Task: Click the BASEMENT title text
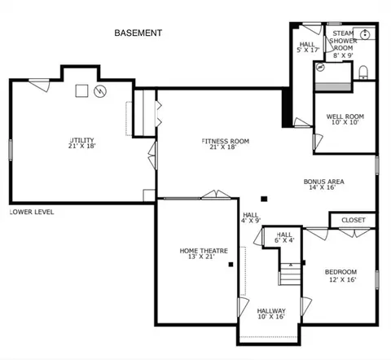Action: pyautogui.click(x=138, y=33)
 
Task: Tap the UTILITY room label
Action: pyautogui.click(x=82, y=140)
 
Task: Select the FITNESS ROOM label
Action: pyautogui.click(x=226, y=141)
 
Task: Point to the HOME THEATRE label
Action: pyautogui.click(x=204, y=251)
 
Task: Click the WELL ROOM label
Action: pyautogui.click(x=345, y=116)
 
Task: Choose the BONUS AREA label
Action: pyautogui.click(x=324, y=182)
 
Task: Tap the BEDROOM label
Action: pyautogui.click(x=340, y=272)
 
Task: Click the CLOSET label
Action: pyautogui.click(x=354, y=220)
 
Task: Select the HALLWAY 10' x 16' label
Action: pyautogui.click(x=271, y=314)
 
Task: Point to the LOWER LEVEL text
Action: pyautogui.click(x=32, y=212)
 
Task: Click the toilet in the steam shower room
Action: pyautogui.click(x=363, y=72)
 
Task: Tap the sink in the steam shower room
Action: pyautogui.click(x=365, y=34)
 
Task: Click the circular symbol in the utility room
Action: pyautogui.click(x=100, y=91)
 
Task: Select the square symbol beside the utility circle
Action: pyautogui.click(x=81, y=90)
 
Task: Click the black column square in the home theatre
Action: pyautogui.click(x=231, y=264)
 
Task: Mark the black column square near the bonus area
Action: pyautogui.click(x=264, y=199)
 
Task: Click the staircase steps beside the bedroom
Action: pyautogui.click(x=290, y=274)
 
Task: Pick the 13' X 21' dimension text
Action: pyautogui.click(x=201, y=257)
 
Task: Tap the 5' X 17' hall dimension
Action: pyautogui.click(x=308, y=50)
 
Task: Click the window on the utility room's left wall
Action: pyautogui.click(x=11, y=150)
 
